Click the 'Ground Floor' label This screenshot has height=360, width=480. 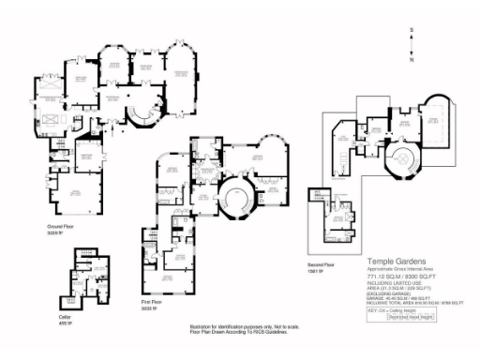62,226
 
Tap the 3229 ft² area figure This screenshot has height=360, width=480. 55,232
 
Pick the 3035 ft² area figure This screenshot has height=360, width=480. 151,308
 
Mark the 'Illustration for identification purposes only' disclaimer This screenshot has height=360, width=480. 240,327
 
